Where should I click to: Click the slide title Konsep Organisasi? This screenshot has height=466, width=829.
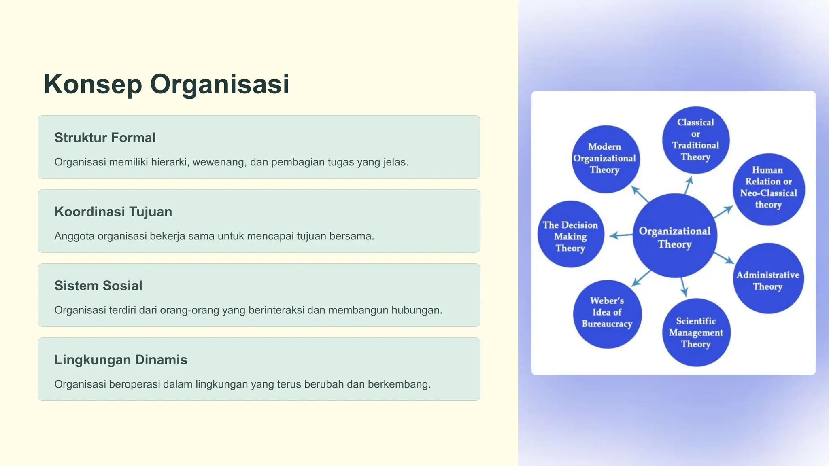coord(166,84)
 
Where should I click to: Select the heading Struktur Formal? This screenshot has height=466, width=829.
coord(105,138)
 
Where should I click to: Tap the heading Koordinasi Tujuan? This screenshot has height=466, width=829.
coord(113,212)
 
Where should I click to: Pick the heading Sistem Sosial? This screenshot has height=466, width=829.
coord(98,286)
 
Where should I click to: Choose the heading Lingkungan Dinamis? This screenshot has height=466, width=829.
coord(121,360)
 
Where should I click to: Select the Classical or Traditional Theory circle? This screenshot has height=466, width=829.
coord(695,140)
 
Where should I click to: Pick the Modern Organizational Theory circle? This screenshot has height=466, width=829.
coord(605,159)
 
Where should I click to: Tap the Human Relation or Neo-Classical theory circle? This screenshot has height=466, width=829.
coord(768,188)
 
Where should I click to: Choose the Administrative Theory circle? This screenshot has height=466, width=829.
coord(768,279)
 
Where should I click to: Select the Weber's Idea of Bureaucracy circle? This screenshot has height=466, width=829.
coord(607,313)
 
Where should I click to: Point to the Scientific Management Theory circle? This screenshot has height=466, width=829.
coord(696,333)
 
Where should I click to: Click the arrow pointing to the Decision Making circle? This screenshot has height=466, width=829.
coord(621,235)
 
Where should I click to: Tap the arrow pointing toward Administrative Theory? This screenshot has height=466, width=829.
coord(724,258)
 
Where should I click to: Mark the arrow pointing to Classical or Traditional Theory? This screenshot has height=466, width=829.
coord(688,185)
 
